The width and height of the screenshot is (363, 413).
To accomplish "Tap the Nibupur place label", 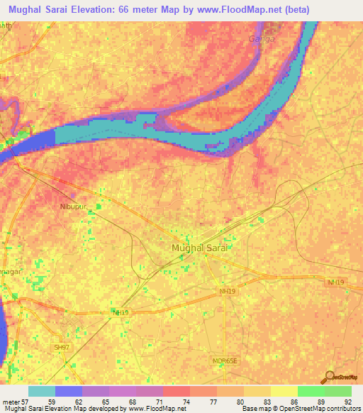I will click(84, 209).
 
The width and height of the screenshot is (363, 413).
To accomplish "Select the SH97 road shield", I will click(62, 347).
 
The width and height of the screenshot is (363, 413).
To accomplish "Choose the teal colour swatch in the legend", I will click(42, 391).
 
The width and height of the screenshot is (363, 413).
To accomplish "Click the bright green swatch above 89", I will click(311, 391).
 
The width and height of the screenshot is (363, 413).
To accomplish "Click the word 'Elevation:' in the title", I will click(95, 10).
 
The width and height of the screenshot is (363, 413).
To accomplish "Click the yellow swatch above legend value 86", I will click(284, 391).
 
